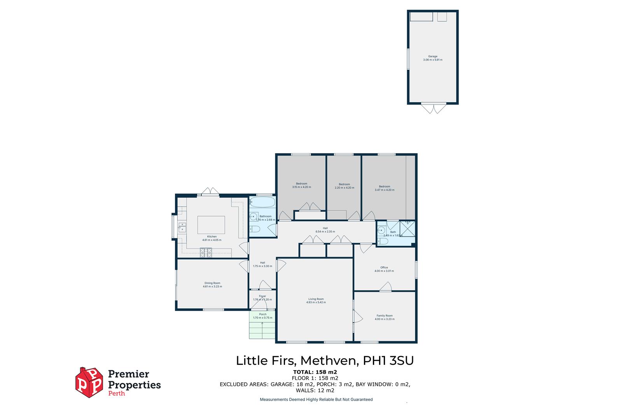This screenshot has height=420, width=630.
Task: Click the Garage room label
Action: point(432,56)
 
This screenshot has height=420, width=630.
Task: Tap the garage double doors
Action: point(433,108)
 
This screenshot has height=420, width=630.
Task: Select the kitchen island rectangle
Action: point(211,224)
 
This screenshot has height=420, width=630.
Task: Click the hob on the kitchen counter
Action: point(206,253)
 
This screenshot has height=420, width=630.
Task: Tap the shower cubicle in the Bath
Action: point(408,229)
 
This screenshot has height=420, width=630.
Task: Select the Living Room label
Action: point(316,299)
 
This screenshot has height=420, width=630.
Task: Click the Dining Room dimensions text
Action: point(212,287)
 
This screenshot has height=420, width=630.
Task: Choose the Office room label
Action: point(384,268)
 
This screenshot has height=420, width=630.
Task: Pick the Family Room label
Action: point(384,316)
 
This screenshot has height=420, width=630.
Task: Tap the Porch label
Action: point(263,314)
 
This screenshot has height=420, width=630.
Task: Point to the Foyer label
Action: point(262,296)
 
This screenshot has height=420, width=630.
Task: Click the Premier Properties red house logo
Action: point(89,382)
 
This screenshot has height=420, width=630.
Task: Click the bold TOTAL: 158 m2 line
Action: point(315,372)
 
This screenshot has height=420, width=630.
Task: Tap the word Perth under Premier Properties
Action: point(116,394)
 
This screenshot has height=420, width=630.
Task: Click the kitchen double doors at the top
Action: point(210,191)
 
